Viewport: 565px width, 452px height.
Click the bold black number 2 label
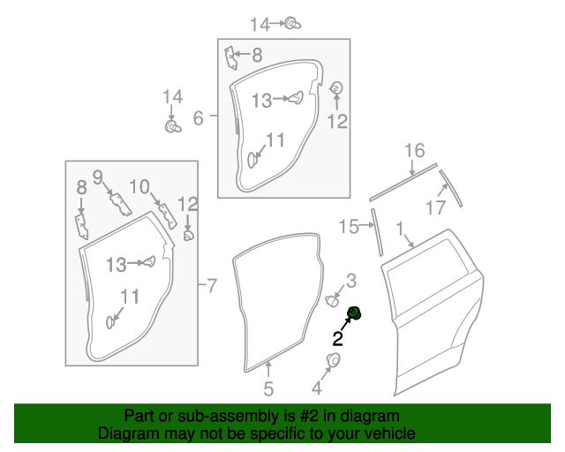pyautogui.click(x=337, y=337)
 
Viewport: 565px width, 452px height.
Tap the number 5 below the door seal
pyautogui.click(x=268, y=388)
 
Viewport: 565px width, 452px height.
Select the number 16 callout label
pyautogui.click(x=415, y=151)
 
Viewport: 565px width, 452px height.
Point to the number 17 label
pyautogui.click(x=435, y=208)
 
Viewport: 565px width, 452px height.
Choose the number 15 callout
pyautogui.click(x=350, y=228)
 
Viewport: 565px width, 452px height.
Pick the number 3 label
pyautogui.click(x=350, y=281)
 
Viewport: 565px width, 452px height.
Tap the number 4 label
pyautogui.click(x=317, y=387)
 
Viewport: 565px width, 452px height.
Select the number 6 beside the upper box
pyautogui.click(x=198, y=117)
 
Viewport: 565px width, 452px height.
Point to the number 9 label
pyautogui.click(x=98, y=176)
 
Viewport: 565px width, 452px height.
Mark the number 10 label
pyautogui.click(x=139, y=185)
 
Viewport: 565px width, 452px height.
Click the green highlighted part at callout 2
pyautogui.click(x=355, y=312)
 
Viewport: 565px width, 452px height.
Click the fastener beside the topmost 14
pyautogui.click(x=290, y=23)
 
